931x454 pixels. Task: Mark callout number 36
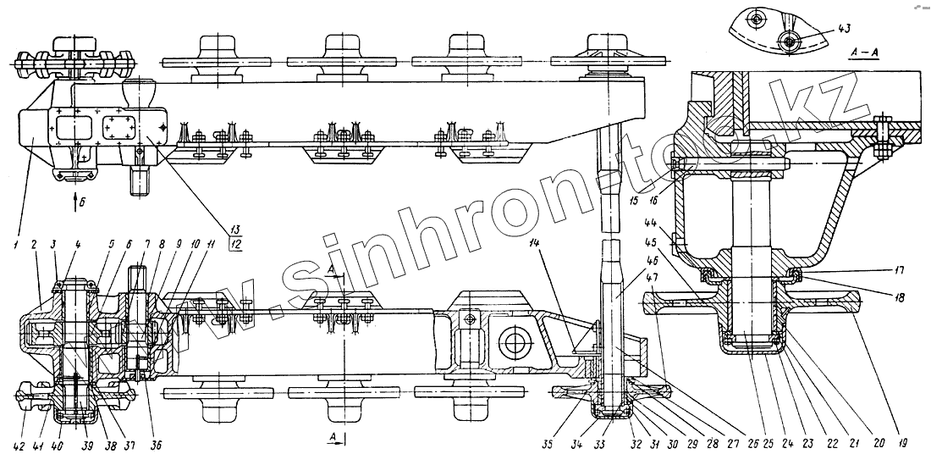tap(157, 445)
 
